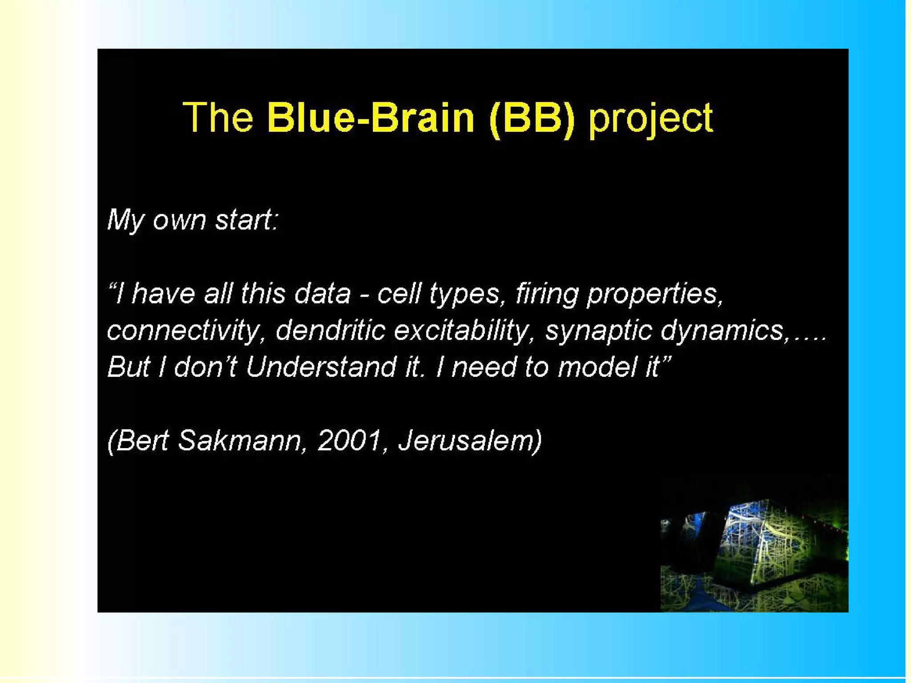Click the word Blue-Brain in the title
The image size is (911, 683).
(x=371, y=117)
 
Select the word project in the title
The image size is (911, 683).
(x=651, y=119)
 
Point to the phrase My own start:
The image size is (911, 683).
(x=193, y=220)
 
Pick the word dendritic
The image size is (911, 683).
(x=330, y=331)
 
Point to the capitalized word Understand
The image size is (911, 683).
(x=321, y=367)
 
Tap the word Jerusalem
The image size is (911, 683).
(x=466, y=441)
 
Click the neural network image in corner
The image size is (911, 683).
(x=754, y=554)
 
